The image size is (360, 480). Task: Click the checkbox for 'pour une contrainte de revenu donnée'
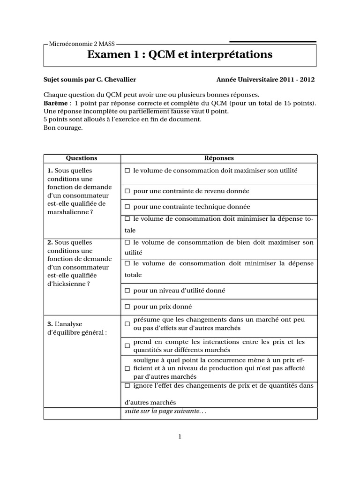tap(127, 191)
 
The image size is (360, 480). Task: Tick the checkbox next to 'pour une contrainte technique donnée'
tap(127, 207)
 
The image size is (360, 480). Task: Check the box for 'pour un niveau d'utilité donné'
tap(127, 291)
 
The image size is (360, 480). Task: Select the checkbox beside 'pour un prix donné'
tap(127, 307)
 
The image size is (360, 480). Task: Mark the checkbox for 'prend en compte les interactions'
tap(127, 346)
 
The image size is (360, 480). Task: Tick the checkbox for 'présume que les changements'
tap(127, 324)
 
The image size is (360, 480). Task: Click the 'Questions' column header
tap(82, 158)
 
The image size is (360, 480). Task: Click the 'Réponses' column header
tap(219, 158)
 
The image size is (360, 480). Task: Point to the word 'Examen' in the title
tap(109, 55)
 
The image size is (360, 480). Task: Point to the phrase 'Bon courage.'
tap(63, 128)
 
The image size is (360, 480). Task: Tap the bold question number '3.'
tap(50, 324)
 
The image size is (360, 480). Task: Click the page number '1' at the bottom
tap(180, 437)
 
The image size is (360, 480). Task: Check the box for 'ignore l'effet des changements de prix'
tap(127, 386)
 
